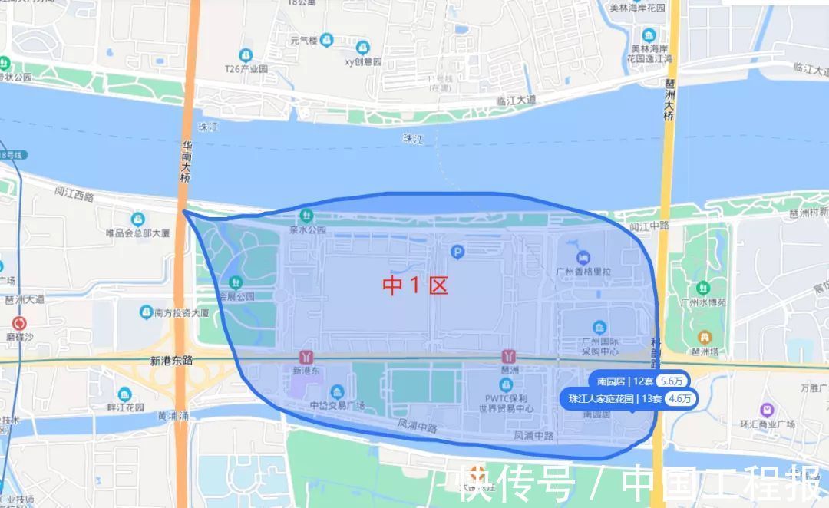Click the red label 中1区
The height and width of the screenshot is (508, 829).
[415, 286]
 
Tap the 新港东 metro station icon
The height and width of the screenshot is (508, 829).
[307, 357]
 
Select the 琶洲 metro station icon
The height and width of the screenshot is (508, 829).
[508, 357]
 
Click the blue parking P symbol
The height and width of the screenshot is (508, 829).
[458, 251]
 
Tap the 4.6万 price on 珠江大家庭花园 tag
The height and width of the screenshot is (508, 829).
[680, 399]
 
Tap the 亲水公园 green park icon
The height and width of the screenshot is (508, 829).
[307, 216]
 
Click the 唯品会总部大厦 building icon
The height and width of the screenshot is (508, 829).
[137, 219]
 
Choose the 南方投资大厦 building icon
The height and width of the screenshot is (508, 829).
[147, 312]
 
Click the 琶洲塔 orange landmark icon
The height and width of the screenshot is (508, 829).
[704, 337]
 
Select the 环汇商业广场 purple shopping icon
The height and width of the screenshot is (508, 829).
[765, 410]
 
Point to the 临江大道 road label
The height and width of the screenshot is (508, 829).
[515, 101]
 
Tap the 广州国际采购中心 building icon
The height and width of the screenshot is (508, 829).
[599, 328]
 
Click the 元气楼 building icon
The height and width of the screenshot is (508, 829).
[327, 39]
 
